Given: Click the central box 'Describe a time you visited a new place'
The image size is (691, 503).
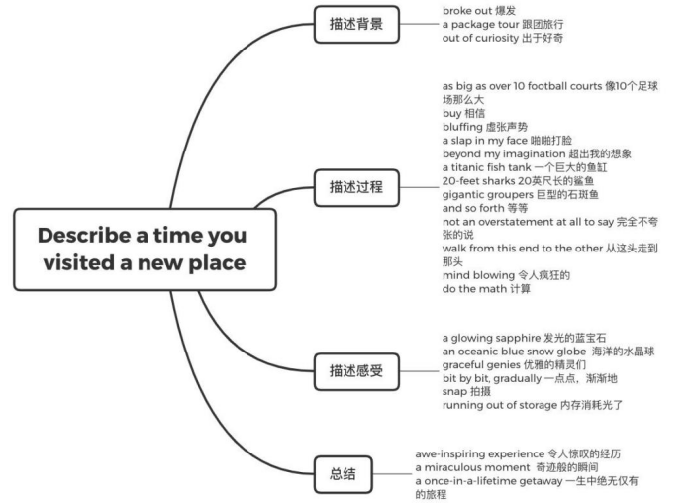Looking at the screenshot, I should [143, 250].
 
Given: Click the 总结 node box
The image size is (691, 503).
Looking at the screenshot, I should [341, 471].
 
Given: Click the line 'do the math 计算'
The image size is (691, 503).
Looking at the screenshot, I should [486, 289].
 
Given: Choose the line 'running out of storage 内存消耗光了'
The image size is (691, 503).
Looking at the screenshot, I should [532, 405].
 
